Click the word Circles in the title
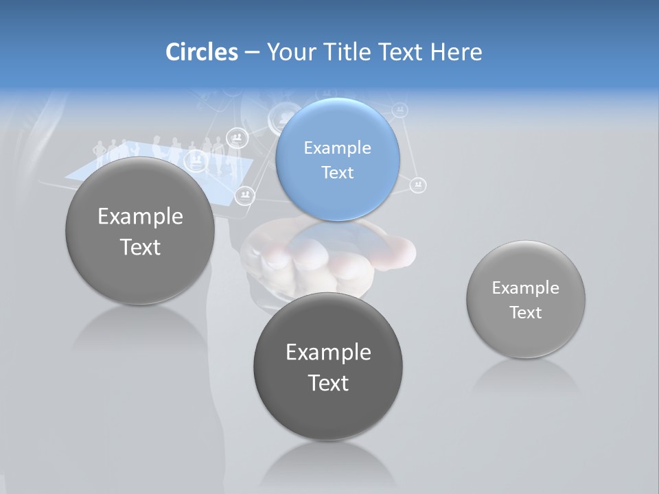click(x=201, y=52)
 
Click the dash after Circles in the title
click(x=252, y=53)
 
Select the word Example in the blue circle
click(x=337, y=148)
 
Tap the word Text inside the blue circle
click(x=337, y=173)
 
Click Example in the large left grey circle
click(x=140, y=217)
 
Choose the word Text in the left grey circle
click(x=140, y=247)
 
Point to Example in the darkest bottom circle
click(x=328, y=353)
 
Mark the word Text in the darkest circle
click(x=328, y=383)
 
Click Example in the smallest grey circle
click(x=525, y=288)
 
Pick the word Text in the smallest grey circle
click(x=525, y=313)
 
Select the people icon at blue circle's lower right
click(x=418, y=185)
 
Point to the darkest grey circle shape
click(x=328, y=412)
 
